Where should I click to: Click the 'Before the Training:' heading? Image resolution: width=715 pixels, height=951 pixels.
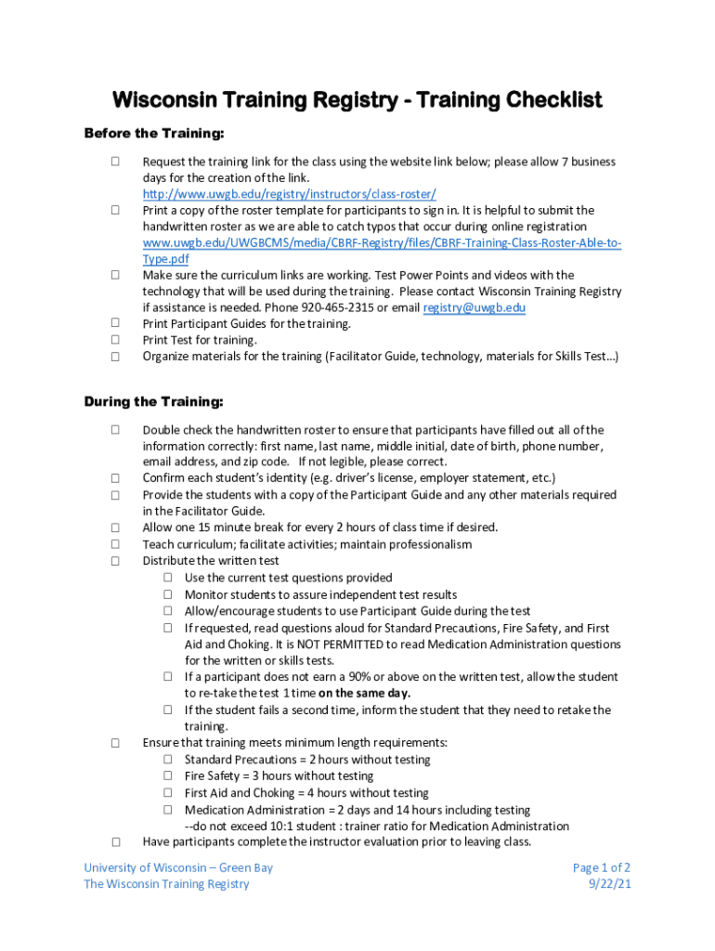(154, 134)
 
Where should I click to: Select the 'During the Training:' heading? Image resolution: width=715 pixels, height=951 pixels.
(153, 402)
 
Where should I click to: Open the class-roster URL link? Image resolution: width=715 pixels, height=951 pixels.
(289, 194)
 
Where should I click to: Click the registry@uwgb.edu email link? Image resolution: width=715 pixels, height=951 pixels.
(474, 307)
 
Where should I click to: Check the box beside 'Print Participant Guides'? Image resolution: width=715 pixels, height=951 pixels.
(115, 323)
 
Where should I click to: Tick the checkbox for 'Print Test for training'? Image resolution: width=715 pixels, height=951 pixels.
(115, 340)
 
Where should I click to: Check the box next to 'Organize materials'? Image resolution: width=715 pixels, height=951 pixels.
(115, 356)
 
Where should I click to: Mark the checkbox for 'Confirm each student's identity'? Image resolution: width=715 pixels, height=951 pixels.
(115, 478)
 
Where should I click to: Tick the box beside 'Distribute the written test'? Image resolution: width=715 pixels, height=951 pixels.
(115, 561)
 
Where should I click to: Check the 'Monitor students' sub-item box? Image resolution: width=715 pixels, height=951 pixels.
(169, 594)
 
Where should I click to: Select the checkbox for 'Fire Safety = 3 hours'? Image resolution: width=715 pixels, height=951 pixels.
(169, 775)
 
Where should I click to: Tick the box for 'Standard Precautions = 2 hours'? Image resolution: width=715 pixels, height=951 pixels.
(169, 760)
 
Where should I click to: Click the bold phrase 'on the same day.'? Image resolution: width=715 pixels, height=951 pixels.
(364, 694)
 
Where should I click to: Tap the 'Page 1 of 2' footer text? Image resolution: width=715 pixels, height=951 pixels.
(602, 867)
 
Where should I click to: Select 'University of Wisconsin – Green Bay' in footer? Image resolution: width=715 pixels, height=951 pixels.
(178, 867)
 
